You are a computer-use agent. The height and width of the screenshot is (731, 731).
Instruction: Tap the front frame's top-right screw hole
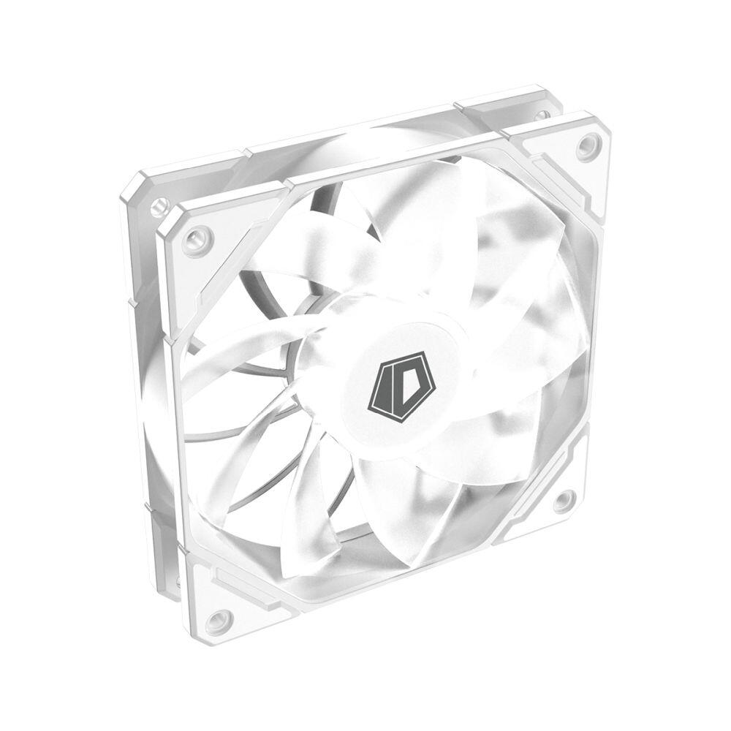pyautogui.click(x=588, y=145)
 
